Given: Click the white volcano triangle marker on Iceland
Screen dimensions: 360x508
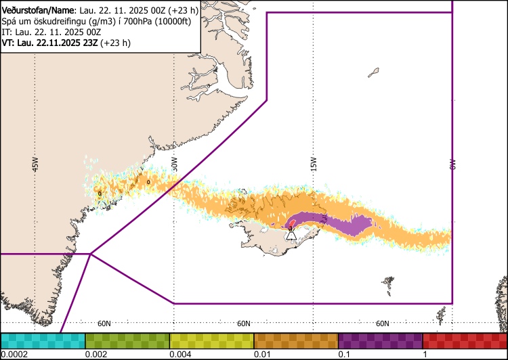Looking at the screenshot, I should coord(291,234).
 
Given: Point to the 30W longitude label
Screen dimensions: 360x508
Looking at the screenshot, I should coord(174,164).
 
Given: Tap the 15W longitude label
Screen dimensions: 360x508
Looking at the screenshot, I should coord(313,164).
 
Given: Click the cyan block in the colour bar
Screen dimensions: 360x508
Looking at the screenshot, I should coord(43,340).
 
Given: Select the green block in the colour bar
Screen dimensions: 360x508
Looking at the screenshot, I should coord(127,340).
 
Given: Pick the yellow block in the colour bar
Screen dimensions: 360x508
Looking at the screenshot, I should coord(211,340).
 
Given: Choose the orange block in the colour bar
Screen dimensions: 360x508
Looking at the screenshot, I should coord(295,340).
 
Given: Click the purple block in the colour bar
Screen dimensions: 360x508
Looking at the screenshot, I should coord(380,340).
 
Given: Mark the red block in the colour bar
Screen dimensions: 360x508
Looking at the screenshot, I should coord(465,340).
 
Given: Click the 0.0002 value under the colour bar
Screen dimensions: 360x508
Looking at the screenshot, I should coord(14,355).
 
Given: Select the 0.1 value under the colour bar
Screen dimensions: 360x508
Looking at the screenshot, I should coord(344,355).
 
